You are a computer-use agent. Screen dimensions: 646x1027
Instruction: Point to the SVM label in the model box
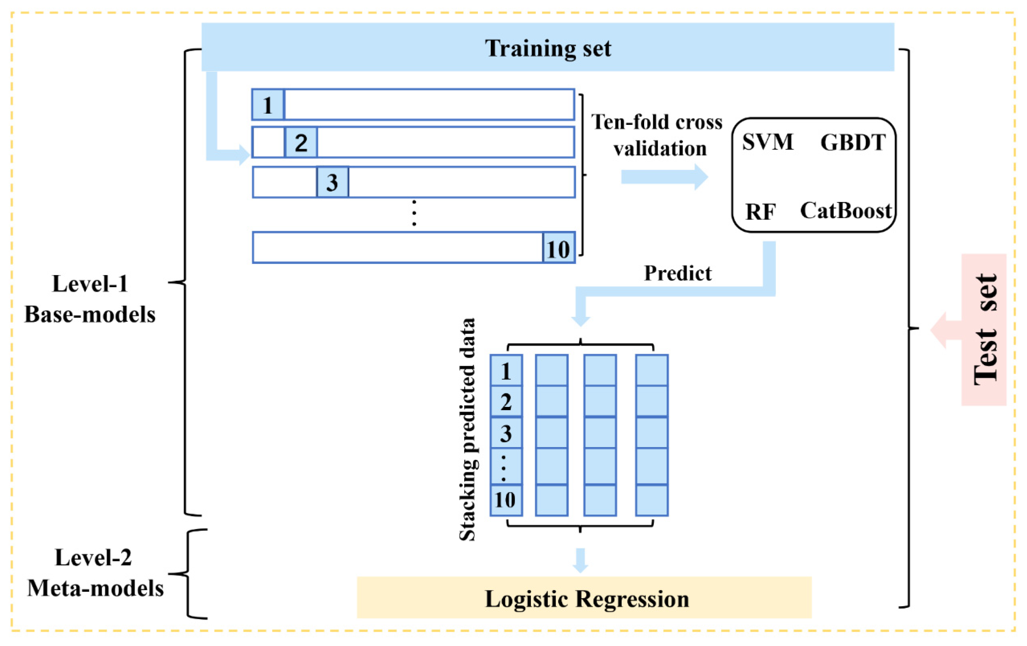(x=768, y=142)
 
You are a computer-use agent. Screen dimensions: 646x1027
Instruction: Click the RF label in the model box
(x=761, y=212)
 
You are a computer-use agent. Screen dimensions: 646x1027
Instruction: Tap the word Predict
(x=678, y=273)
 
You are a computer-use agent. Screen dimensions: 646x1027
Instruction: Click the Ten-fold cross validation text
(x=657, y=135)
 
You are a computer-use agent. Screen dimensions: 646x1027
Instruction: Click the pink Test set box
(x=984, y=329)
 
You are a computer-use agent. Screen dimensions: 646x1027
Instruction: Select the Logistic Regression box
(x=584, y=598)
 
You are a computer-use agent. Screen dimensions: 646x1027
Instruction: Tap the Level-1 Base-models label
(x=90, y=299)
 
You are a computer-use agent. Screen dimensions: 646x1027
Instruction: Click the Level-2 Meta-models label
(x=95, y=573)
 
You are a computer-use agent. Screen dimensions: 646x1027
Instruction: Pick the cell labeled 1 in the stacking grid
(x=506, y=370)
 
